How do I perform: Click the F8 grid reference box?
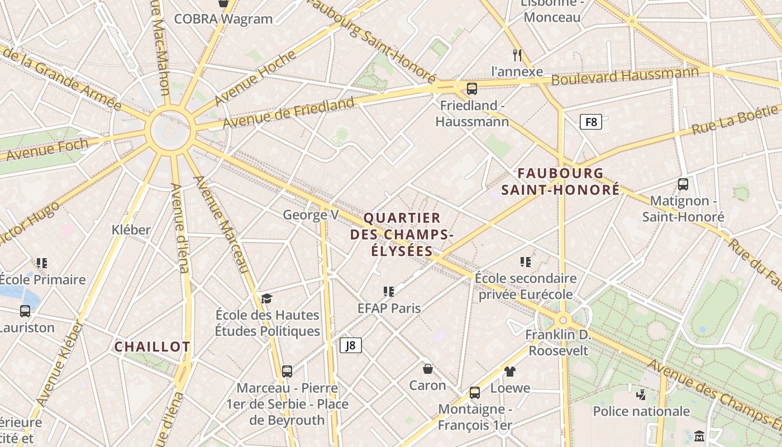click(x=590, y=122)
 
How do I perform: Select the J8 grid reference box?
click(x=350, y=345)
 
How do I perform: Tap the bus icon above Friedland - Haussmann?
click(x=472, y=88)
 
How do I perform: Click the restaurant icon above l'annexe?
click(x=517, y=55)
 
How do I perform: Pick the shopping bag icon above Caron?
click(x=428, y=369)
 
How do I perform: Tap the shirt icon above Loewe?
click(x=509, y=371)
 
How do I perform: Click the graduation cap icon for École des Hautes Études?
click(x=267, y=298)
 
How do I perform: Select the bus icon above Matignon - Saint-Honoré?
click(x=683, y=184)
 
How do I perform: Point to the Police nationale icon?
click(x=641, y=394)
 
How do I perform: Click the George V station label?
click(x=311, y=215)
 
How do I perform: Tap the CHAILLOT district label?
click(x=152, y=347)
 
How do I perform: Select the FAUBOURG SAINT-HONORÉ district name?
click(x=560, y=182)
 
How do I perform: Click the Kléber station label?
click(x=131, y=230)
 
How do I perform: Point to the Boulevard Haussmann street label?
click(x=624, y=77)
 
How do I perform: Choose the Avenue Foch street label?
click(x=47, y=150)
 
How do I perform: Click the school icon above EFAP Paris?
click(x=389, y=291)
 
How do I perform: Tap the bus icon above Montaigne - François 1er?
click(x=475, y=392)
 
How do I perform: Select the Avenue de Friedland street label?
click(x=289, y=112)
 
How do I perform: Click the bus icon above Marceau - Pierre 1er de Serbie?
click(x=287, y=371)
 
